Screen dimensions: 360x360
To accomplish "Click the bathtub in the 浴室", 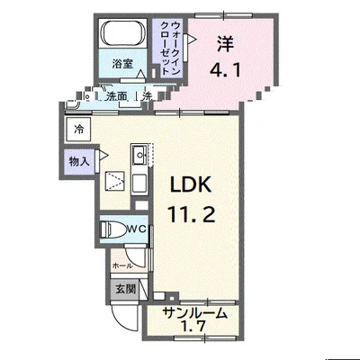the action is [123, 33].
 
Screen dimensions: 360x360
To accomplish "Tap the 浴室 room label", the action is [122, 64].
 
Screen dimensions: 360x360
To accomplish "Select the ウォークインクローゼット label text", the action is [170, 48].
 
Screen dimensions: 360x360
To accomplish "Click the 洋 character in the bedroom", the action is [225, 44].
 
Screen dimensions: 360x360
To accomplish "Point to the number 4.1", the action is [225, 71].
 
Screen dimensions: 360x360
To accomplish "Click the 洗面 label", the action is [117, 96].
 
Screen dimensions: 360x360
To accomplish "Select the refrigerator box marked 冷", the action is [78, 130].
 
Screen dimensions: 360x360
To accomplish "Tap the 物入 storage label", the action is [79, 162].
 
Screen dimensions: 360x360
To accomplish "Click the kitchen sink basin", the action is [139, 156].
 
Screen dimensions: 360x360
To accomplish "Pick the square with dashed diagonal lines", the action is [114, 181].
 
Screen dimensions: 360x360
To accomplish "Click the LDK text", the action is [191, 184].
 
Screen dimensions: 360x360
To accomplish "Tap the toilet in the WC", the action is [112, 229].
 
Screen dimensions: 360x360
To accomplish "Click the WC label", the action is [137, 229].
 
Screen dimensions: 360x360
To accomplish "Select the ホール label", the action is [121, 265].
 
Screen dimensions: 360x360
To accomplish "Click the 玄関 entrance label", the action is [126, 289].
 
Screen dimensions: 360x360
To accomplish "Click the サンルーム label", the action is [194, 313].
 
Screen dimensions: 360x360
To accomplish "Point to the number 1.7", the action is [194, 326].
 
